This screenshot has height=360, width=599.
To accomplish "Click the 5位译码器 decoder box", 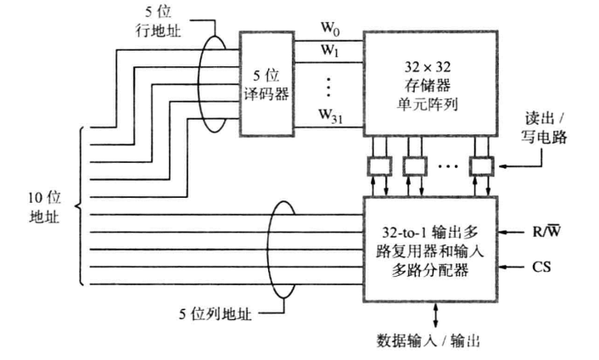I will click(x=266, y=83).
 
